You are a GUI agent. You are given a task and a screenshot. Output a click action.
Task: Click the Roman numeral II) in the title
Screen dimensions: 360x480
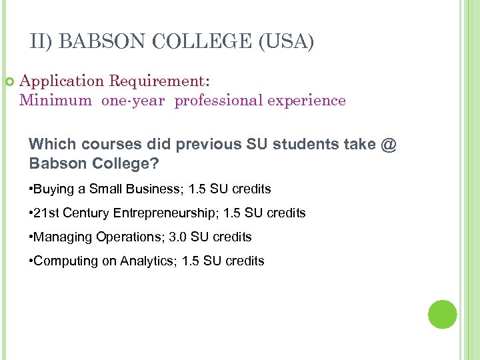click(42, 41)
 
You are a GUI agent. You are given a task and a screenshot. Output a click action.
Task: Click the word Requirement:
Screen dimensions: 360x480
click(159, 81)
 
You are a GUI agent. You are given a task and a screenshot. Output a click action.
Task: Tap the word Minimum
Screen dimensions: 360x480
click(56, 101)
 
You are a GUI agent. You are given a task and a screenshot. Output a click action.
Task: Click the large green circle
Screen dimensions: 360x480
click(442, 314)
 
